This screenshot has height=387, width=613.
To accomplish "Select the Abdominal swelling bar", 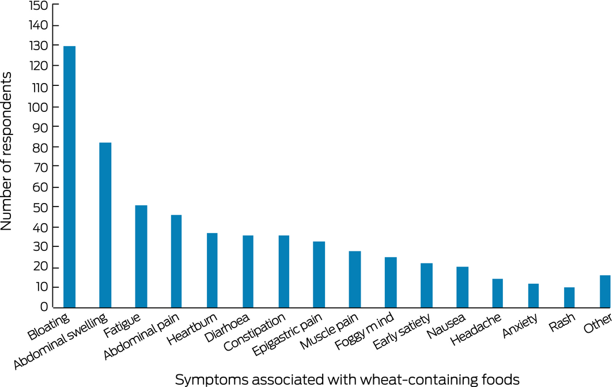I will (x=105, y=224).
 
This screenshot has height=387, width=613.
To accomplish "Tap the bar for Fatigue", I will (x=141, y=256).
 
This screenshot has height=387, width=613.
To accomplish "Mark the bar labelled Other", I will (x=605, y=291).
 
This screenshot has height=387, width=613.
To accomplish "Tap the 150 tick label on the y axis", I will (x=37, y=5).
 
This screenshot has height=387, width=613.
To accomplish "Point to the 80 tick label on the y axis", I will (x=40, y=147).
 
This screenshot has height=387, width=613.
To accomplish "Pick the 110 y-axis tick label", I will (x=37, y=86).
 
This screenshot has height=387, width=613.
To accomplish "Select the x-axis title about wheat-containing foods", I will (x=347, y=379).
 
